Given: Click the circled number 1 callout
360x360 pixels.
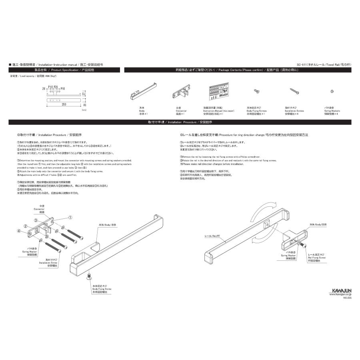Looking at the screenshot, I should pos(70,218).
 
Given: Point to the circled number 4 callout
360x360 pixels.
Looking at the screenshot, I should pos(18,230).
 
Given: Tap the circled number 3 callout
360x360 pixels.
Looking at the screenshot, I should pos(36,220).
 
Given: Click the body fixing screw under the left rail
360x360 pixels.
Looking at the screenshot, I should pos(89,277).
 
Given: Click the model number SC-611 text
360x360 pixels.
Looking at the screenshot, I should pos(303,64).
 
